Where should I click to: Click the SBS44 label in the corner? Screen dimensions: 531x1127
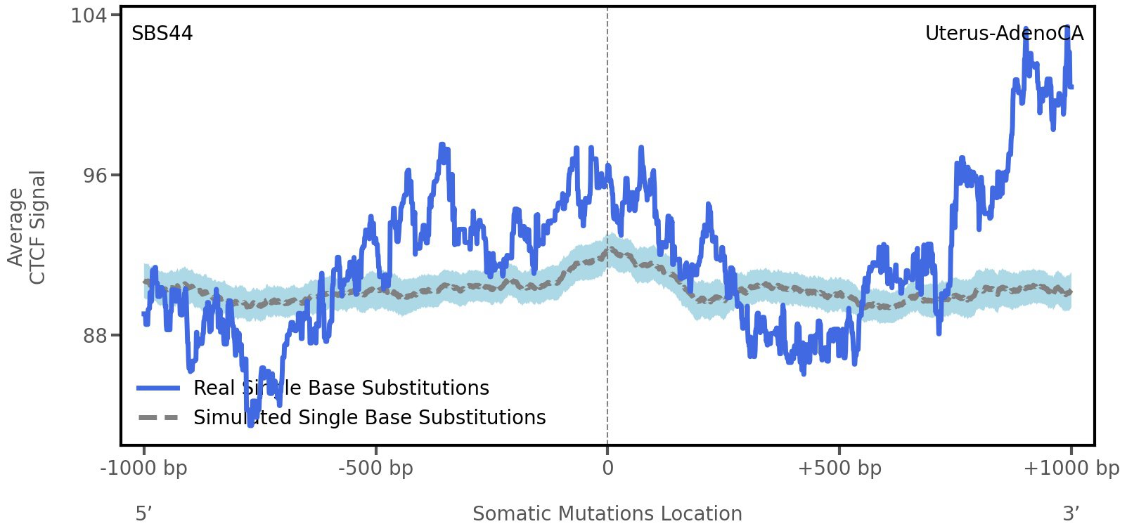(162, 34)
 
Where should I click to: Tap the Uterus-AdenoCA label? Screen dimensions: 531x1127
(1004, 34)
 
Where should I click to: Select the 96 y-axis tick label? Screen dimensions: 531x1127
(96, 175)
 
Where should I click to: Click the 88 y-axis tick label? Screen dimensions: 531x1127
(96, 335)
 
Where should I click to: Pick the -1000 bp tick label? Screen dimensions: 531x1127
(144, 468)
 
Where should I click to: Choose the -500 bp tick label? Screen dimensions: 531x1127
(375, 468)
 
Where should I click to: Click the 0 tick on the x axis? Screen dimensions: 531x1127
(607, 468)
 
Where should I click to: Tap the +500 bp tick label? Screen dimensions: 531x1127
(839, 468)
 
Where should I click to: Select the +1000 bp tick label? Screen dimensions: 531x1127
(1071, 468)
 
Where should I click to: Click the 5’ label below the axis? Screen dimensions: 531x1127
(144, 513)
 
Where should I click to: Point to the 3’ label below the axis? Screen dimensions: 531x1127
(1071, 513)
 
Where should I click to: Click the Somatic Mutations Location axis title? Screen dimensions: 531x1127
(607, 513)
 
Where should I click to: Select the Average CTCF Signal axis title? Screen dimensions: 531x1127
(27, 228)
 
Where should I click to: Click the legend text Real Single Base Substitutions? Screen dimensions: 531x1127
(341, 388)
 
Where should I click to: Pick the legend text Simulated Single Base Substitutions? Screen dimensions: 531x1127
(369, 417)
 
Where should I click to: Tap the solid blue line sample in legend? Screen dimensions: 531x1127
(159, 388)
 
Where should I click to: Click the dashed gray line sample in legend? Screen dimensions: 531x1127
(159, 418)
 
